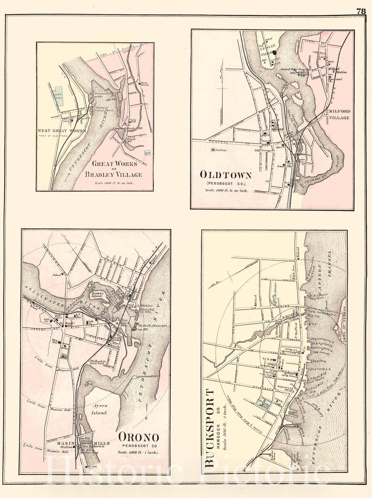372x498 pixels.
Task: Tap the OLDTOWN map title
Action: coord(225,175)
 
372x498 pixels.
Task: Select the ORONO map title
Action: coord(139,438)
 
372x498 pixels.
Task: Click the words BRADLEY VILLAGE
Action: coord(113,174)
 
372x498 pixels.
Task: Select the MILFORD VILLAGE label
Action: coord(339,114)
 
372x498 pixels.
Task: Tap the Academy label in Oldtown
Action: coord(219,150)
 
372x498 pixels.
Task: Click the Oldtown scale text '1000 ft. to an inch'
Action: coord(226,190)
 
